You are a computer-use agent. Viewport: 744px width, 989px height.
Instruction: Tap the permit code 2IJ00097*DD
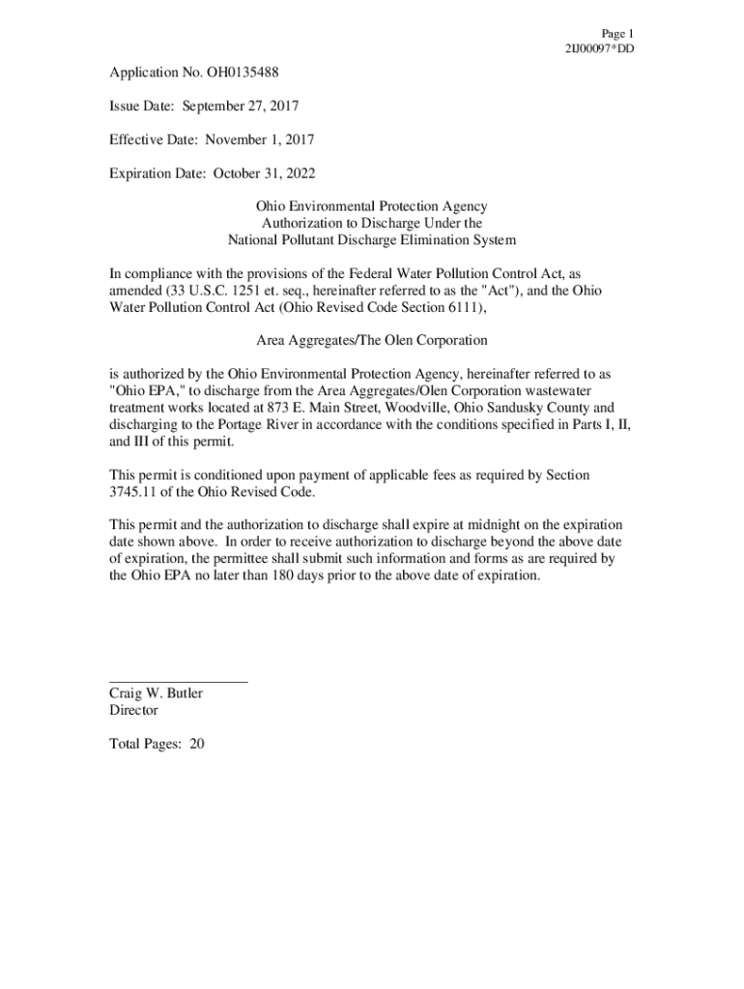coord(599,48)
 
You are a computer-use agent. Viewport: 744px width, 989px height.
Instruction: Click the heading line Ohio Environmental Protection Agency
coord(371,207)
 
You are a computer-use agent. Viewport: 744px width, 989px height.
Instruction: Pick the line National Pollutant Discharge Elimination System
coord(371,240)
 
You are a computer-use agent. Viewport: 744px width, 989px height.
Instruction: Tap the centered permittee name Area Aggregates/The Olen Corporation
coord(371,340)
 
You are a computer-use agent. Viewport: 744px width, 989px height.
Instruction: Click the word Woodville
coord(403,408)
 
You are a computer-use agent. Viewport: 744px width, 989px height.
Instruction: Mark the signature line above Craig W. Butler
coord(178,683)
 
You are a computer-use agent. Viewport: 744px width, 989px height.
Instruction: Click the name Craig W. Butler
coord(156,693)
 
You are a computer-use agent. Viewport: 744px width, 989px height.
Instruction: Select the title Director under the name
coord(133,710)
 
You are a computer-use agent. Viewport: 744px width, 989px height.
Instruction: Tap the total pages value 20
coord(196,744)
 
